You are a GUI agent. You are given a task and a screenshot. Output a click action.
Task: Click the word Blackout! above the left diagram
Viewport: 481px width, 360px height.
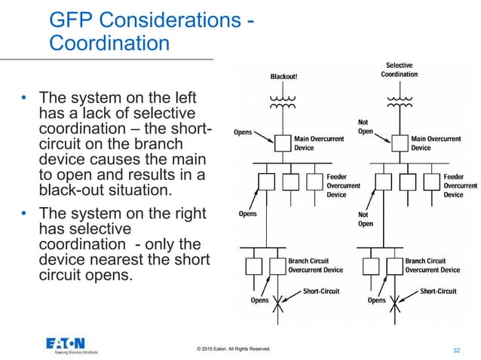pos(285,76)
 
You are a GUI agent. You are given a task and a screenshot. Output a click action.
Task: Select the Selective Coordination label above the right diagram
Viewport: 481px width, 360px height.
pos(399,70)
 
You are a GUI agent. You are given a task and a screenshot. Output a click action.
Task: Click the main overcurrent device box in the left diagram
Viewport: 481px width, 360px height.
pos(282,143)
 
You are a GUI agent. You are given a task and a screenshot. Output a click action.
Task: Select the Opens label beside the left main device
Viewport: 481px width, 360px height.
pos(243,132)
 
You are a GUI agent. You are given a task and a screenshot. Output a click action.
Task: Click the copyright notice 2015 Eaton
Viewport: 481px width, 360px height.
pos(231,349)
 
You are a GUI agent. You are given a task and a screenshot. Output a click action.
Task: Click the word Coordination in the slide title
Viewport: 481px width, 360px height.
pos(109,43)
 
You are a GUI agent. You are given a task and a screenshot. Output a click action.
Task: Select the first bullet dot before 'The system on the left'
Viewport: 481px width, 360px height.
pos(23,99)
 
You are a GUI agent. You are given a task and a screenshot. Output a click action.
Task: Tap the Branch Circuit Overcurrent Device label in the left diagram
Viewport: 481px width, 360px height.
pos(316,265)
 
